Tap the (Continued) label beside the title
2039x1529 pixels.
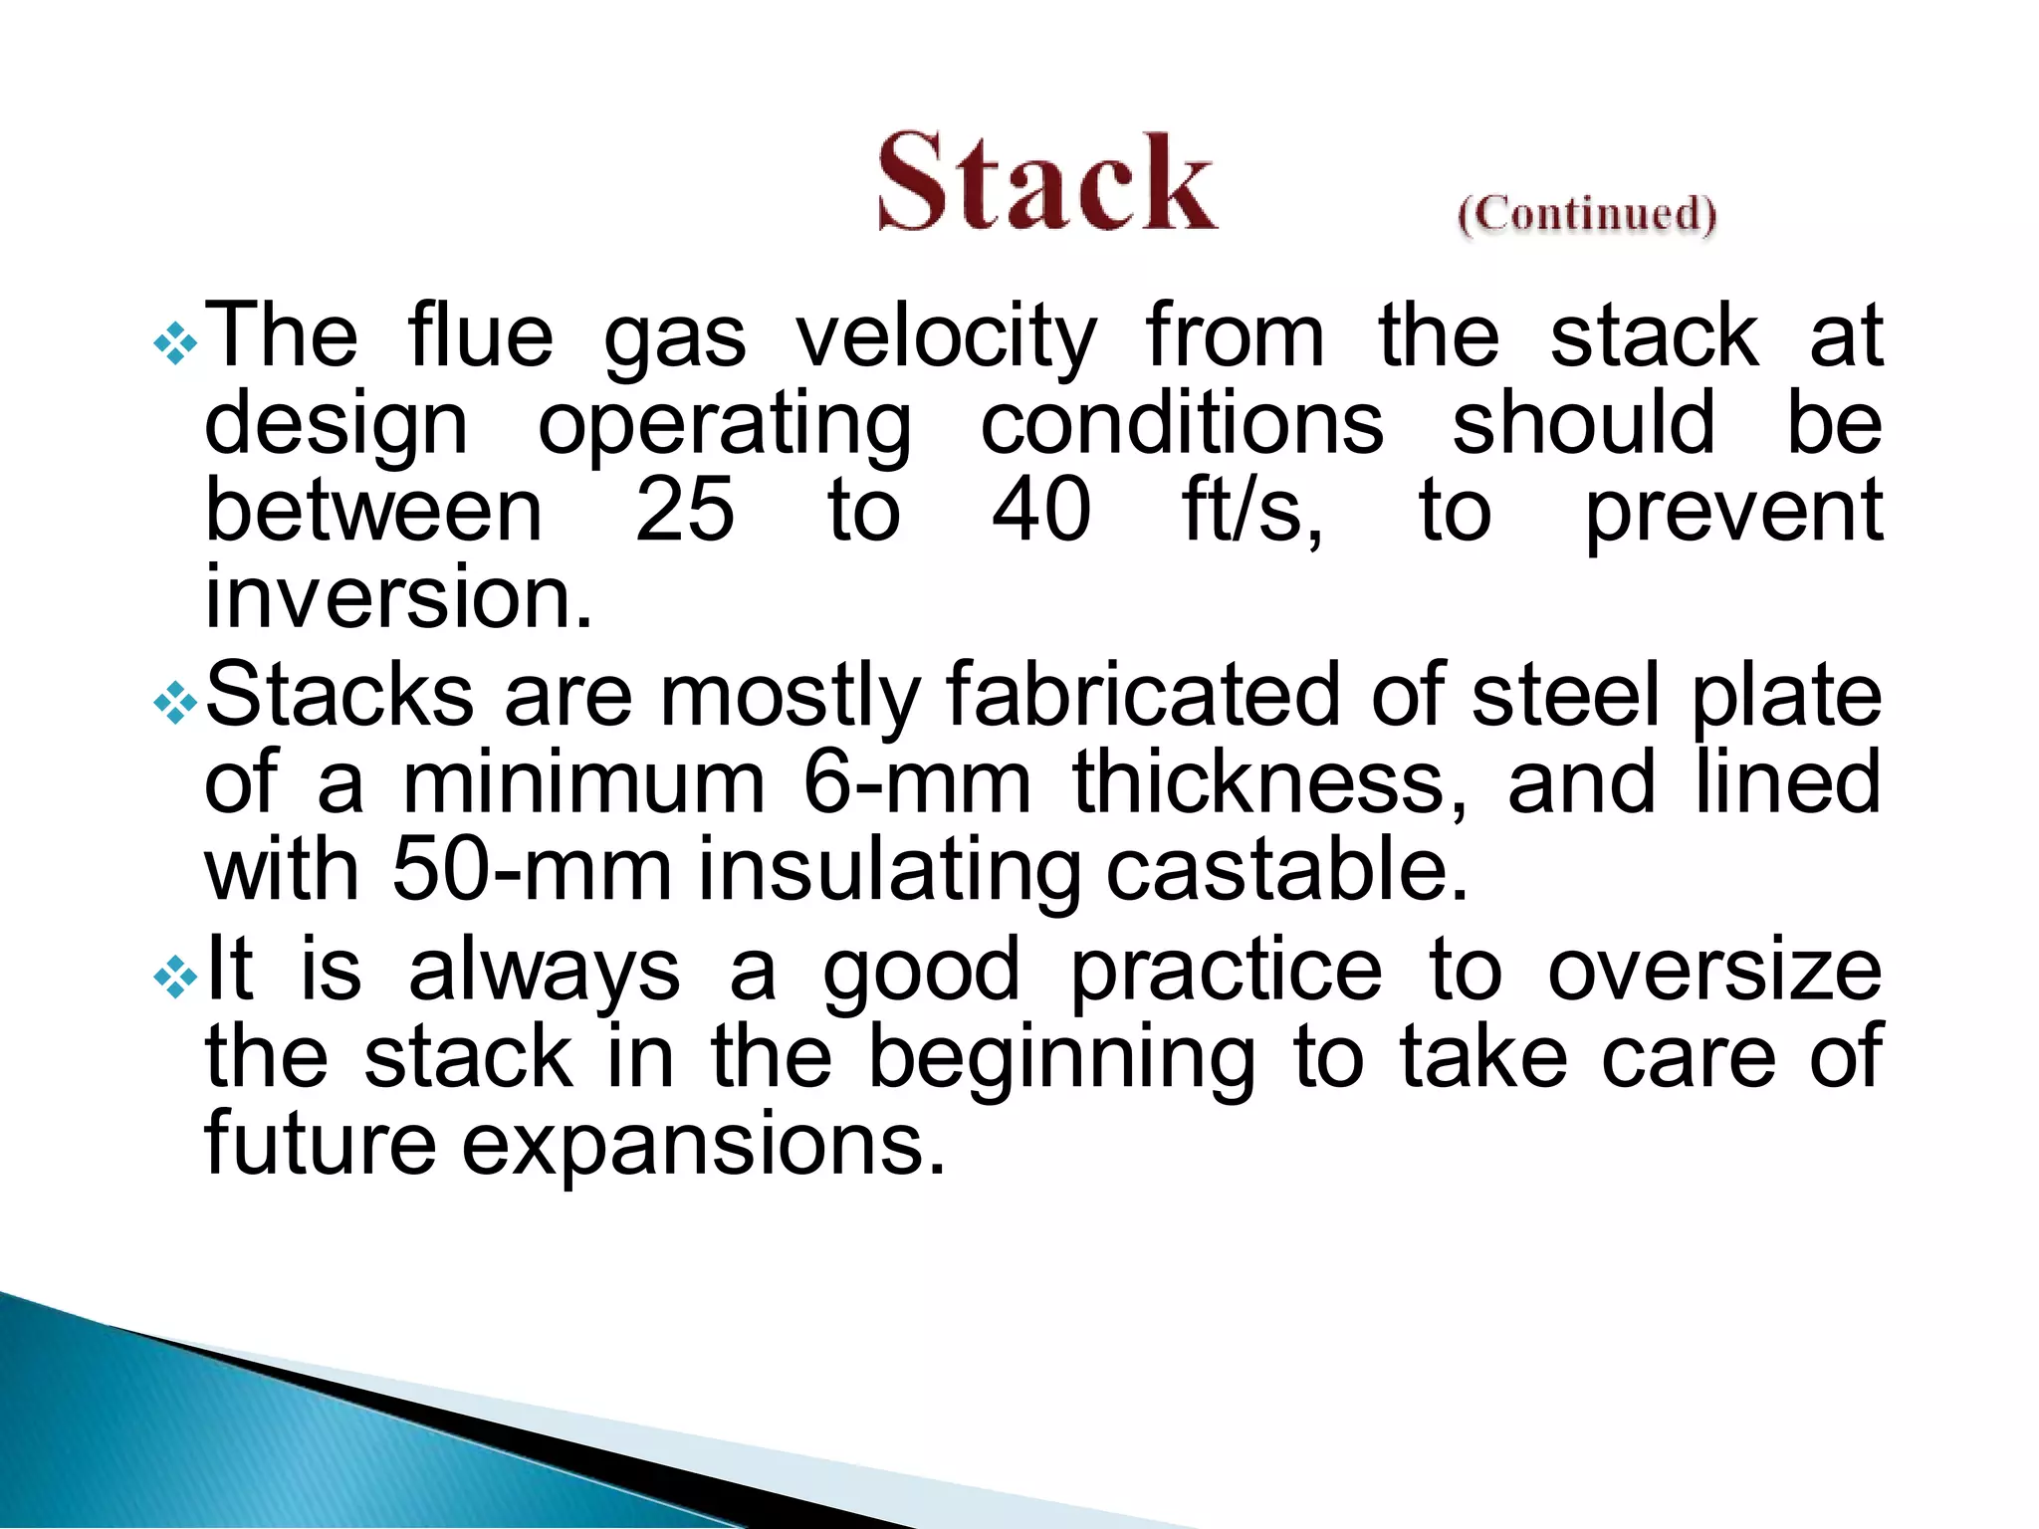(1587, 214)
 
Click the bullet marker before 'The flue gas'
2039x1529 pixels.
(176, 344)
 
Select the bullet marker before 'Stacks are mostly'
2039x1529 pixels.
(176, 705)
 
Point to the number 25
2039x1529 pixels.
(685, 510)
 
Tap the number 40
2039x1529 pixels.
(1041, 510)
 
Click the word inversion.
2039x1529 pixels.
(398, 597)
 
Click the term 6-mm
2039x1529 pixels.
(916, 784)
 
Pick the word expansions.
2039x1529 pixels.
(702, 1145)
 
